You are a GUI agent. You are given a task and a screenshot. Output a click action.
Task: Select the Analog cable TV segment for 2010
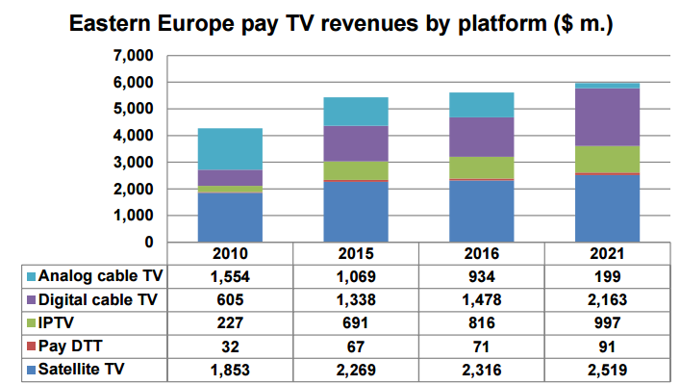[x=230, y=149]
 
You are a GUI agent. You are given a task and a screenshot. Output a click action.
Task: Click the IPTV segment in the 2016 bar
[x=481, y=167]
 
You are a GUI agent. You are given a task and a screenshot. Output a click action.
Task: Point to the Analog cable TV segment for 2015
[x=356, y=112]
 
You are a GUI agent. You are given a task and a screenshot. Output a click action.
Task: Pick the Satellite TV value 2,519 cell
[x=606, y=369]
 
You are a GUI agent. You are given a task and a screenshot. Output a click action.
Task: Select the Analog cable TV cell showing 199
[x=606, y=276]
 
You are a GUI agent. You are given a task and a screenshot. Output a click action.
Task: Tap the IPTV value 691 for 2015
[x=356, y=322]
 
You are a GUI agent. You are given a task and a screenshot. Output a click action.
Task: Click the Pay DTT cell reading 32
[x=230, y=346]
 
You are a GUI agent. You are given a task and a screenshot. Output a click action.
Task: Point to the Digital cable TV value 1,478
[x=481, y=299]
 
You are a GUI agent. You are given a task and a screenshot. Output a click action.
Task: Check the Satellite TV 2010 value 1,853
[x=230, y=369]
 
